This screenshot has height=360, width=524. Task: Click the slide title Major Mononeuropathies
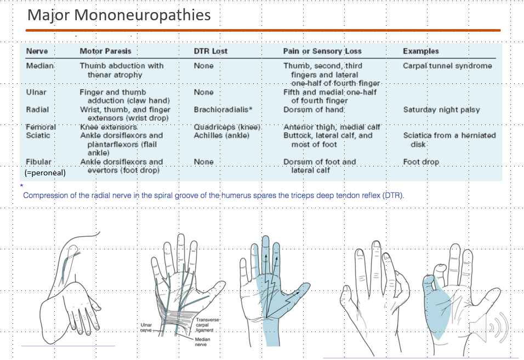tap(119, 15)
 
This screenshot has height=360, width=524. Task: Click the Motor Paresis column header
tap(105, 51)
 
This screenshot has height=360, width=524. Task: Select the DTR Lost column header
tap(210, 51)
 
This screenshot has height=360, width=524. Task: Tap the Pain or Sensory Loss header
tap(322, 51)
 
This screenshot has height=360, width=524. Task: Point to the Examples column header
tap(420, 51)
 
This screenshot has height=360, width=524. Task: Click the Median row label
tap(39, 66)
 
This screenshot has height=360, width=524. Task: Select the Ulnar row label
tap(36, 92)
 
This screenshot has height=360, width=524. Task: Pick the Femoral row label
tap(41, 127)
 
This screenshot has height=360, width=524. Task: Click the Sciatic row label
tap(38, 135)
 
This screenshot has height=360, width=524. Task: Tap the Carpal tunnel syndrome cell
tap(447, 66)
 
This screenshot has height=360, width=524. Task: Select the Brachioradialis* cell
tap(223, 110)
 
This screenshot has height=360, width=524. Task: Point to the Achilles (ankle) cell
tap(221, 135)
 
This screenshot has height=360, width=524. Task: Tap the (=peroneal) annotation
tap(45, 172)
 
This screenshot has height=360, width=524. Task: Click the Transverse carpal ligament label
tap(206, 325)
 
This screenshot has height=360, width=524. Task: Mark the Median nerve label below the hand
tap(202, 342)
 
